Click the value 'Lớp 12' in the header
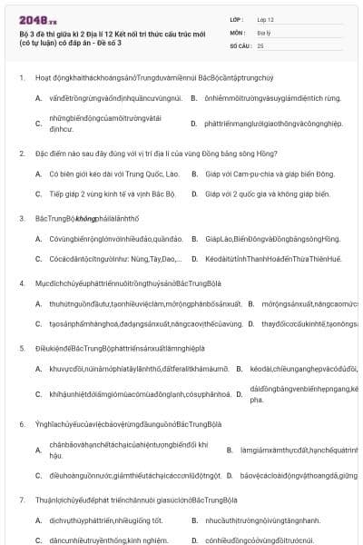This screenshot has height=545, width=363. click(266, 18)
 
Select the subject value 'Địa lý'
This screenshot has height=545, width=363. click(264, 31)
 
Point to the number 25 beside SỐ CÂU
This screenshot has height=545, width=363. click(260, 45)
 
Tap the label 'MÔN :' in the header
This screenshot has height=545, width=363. click(240, 31)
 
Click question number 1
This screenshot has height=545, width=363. click(21, 78)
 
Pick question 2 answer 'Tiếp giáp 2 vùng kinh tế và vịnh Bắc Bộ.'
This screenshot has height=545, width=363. click(110, 193)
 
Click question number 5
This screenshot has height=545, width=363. click(21, 348)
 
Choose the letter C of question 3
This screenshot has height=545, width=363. click(38, 259)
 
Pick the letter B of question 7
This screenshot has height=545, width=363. click(194, 520)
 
